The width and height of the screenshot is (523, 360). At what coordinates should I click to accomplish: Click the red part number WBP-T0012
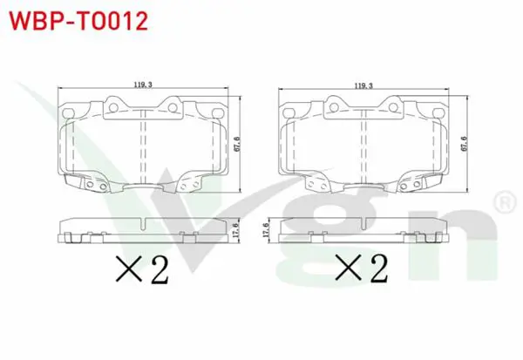coord(78,21)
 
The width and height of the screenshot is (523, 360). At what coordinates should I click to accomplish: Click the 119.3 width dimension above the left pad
coord(143,85)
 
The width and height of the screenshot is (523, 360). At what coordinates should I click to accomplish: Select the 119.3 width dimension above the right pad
coord(363,86)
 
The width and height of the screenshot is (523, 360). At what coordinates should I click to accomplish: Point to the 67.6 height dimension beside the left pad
coord(237,144)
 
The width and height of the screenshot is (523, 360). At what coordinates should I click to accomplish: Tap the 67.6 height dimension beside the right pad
coord(465,144)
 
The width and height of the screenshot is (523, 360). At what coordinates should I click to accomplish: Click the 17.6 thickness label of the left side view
coord(236,230)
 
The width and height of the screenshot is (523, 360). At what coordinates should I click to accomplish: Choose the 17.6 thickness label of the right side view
coord(266,230)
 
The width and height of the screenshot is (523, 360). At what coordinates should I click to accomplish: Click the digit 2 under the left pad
coord(160,269)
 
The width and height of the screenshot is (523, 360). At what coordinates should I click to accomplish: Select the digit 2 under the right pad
coord(379,268)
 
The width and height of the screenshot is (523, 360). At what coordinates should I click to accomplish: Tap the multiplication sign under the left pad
coord(129,268)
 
